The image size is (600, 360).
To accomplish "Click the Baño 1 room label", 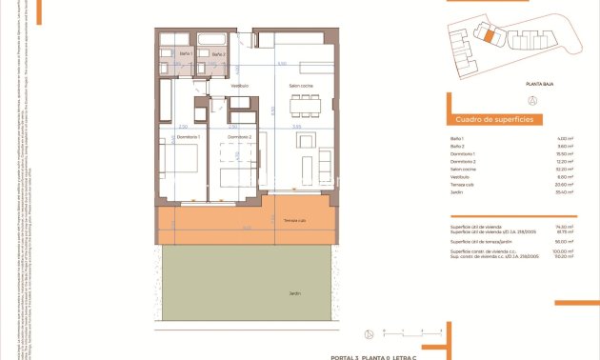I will (186, 54).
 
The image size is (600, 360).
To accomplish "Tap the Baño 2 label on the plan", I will (218, 54).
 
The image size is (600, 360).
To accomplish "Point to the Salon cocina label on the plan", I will (303, 88).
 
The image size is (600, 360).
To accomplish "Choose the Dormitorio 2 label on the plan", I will (239, 137).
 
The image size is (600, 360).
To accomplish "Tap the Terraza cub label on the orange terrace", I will (294, 221).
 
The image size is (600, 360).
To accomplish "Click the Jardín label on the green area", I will (294, 293).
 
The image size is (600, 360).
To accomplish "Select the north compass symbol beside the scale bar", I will (368, 333).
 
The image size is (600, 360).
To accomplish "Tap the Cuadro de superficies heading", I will (494, 119).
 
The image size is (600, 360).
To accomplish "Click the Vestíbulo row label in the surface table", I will (460, 176).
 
